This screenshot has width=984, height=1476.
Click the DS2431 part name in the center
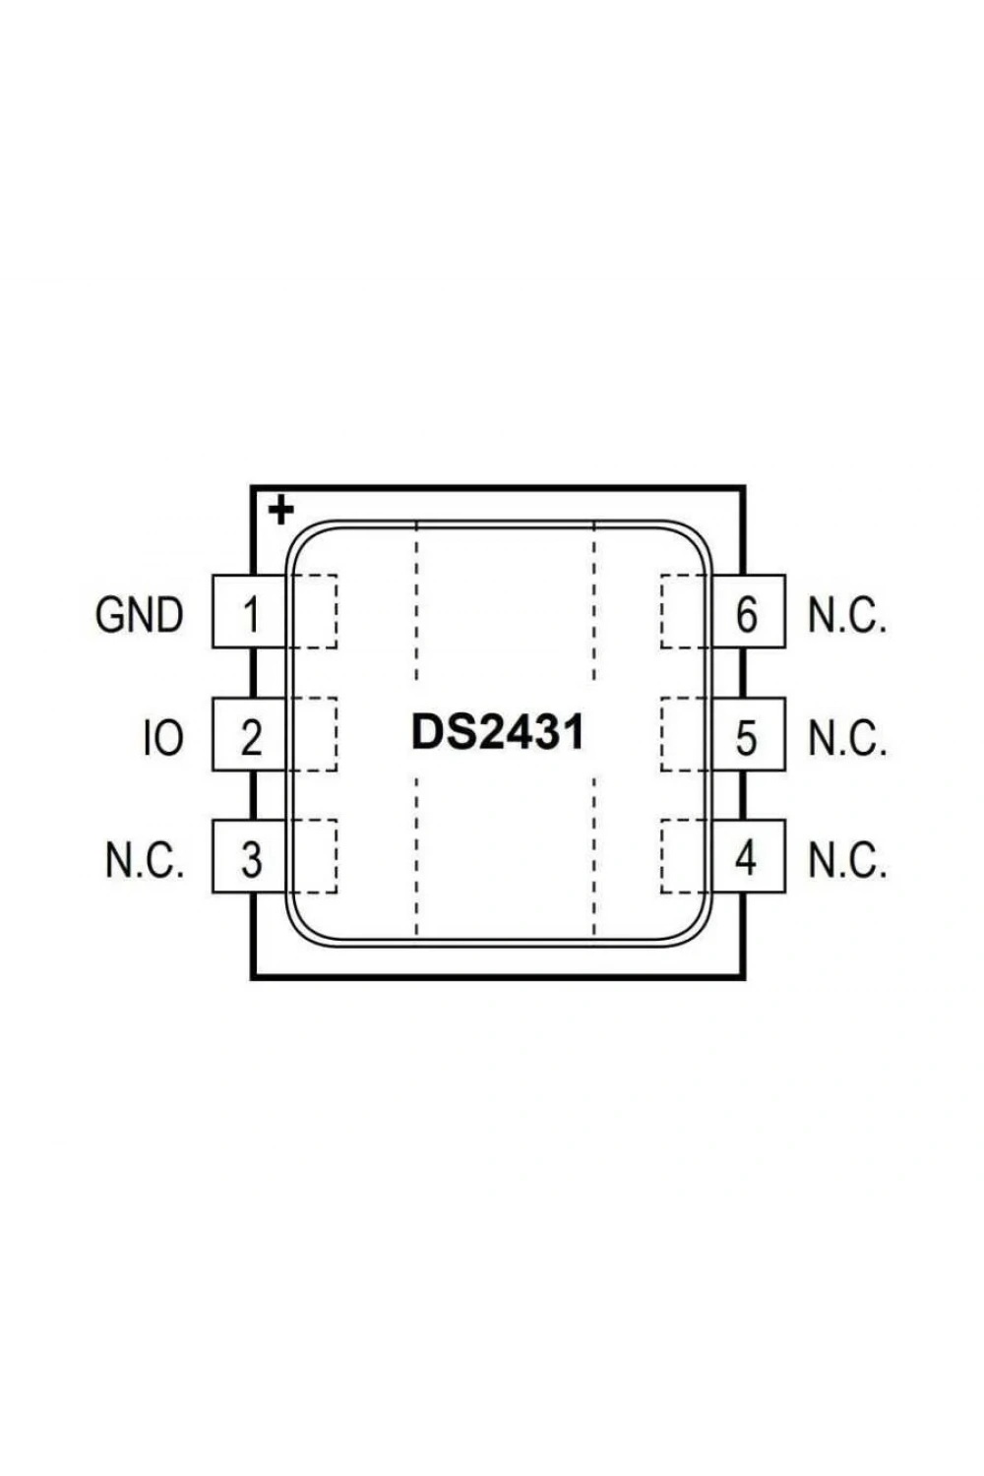pyautogui.click(x=498, y=733)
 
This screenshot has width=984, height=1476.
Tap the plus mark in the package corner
pyautogui.click(x=281, y=511)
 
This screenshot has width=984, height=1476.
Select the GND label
pyautogui.click(x=139, y=615)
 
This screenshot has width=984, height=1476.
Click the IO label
pyautogui.click(x=163, y=737)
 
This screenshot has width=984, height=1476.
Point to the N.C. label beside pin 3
pyautogui.click(x=145, y=859)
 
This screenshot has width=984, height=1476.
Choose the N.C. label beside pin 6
pyautogui.click(x=847, y=615)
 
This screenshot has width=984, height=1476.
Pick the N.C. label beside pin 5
pyautogui.click(x=847, y=737)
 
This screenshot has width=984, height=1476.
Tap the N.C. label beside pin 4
pyautogui.click(x=847, y=859)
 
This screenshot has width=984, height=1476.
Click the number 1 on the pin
pyautogui.click(x=251, y=614)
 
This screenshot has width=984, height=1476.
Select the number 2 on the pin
pyautogui.click(x=251, y=737)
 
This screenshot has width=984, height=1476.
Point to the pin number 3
pyautogui.click(x=251, y=859)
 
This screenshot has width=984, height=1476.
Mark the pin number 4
pyautogui.click(x=746, y=858)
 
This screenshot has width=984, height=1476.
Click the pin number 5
pyautogui.click(x=746, y=737)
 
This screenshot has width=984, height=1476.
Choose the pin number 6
pyautogui.click(x=746, y=614)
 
